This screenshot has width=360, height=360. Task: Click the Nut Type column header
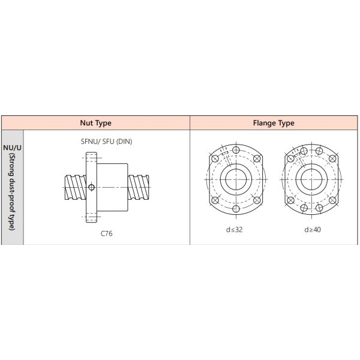(x=96, y=123)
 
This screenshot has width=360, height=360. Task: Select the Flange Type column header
(x=274, y=123)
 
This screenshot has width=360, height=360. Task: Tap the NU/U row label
(x=12, y=148)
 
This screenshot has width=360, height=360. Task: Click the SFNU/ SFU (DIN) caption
(x=107, y=142)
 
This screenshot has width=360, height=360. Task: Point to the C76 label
(x=107, y=233)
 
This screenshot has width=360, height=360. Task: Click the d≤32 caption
(x=234, y=230)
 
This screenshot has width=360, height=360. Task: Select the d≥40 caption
(x=313, y=230)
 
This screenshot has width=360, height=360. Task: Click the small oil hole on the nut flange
(x=91, y=187)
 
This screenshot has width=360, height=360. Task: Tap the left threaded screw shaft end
(x=76, y=187)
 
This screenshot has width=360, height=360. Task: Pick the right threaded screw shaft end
(x=138, y=187)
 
